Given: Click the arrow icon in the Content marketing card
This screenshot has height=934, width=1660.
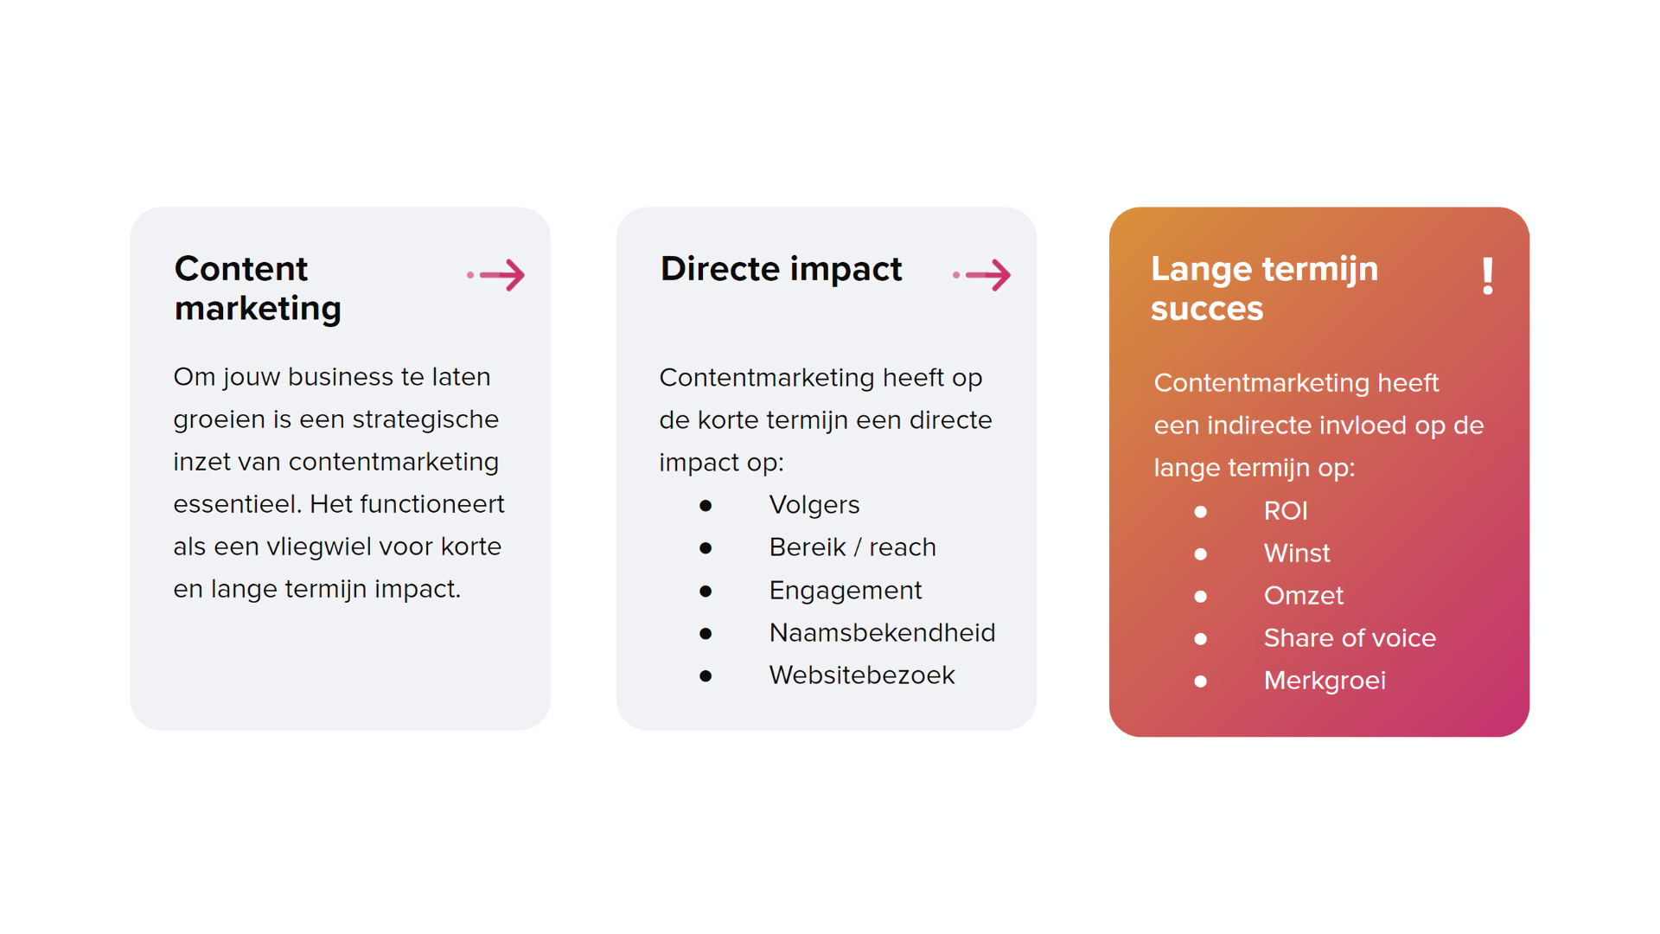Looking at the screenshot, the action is click(x=496, y=275).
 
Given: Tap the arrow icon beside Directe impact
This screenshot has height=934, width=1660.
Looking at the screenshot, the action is click(x=982, y=275).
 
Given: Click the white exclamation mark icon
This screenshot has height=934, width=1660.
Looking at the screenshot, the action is click(x=1488, y=276).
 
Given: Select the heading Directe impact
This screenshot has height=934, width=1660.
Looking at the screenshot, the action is click(x=781, y=269).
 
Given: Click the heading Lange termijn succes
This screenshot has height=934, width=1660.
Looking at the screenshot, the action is click(x=1264, y=288).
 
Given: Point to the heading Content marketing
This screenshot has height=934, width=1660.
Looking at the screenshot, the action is click(x=258, y=288).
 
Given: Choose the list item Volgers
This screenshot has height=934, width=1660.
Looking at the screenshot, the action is click(x=814, y=505).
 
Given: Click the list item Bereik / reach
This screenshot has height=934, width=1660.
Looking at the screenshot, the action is click(x=852, y=547).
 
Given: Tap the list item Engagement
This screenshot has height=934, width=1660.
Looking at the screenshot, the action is click(x=846, y=591).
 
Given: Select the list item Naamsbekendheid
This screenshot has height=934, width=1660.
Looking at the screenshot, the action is click(x=882, y=633).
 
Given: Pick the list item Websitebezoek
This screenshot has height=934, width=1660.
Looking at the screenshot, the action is click(x=862, y=675).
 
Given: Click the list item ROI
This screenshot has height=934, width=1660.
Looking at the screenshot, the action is click(x=1286, y=511).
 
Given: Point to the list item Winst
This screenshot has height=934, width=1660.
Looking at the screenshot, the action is click(x=1297, y=553).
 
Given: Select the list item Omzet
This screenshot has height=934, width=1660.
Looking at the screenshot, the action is click(x=1304, y=596).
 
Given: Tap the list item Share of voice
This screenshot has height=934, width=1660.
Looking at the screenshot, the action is click(x=1350, y=638).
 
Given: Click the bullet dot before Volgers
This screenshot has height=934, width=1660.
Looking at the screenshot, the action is click(x=705, y=506).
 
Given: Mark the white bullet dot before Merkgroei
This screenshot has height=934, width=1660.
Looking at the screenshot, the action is click(x=1200, y=681).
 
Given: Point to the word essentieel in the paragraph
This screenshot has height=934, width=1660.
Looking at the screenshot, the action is click(x=238, y=504).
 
